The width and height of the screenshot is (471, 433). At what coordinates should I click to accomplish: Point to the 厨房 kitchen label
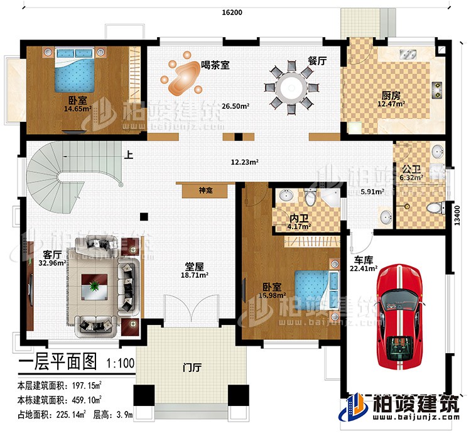(391, 96)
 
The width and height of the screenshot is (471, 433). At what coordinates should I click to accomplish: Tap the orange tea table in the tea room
(182, 77)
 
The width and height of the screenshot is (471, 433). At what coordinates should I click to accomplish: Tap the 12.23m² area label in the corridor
(246, 162)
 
